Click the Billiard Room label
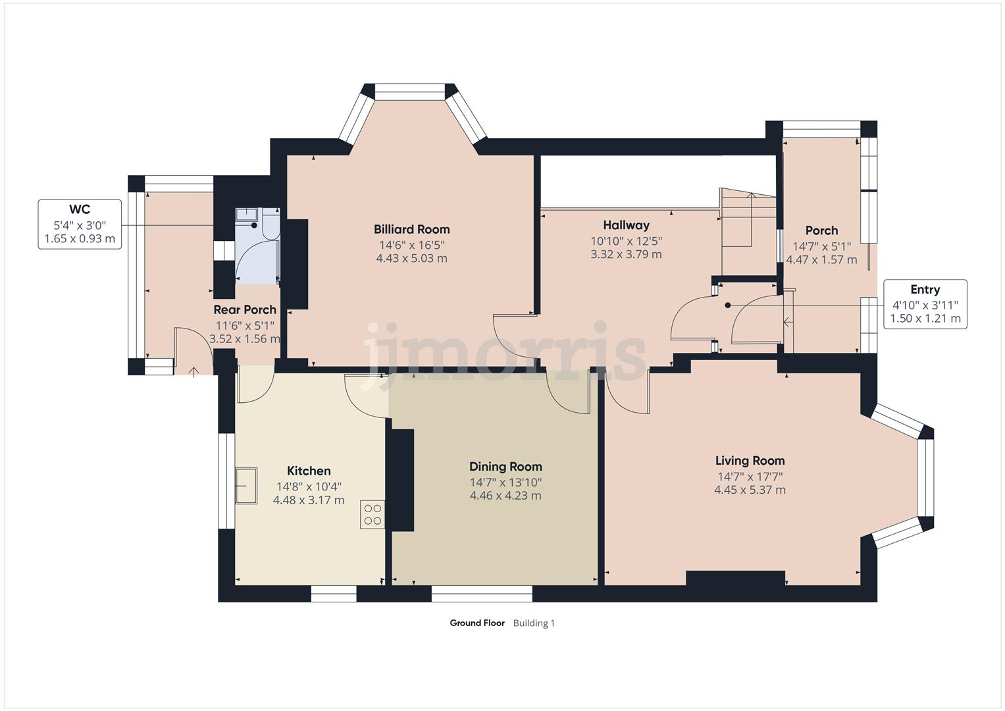coord(411,229)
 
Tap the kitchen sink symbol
coord(247,486)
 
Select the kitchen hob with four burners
coord(373,514)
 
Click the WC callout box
coord(80,224)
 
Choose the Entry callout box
coord(925,304)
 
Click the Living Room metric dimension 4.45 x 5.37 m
coord(750,490)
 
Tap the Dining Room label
coord(505,467)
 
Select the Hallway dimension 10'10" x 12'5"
coord(626,240)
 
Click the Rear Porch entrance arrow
coord(194,373)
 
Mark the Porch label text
coord(821,230)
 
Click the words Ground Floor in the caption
coord(477,623)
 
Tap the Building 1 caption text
coord(534,623)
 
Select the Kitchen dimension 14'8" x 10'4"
coord(309,486)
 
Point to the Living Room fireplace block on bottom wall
coord(735,579)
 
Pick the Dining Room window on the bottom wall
coord(482,594)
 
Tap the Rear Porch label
coord(245,309)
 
